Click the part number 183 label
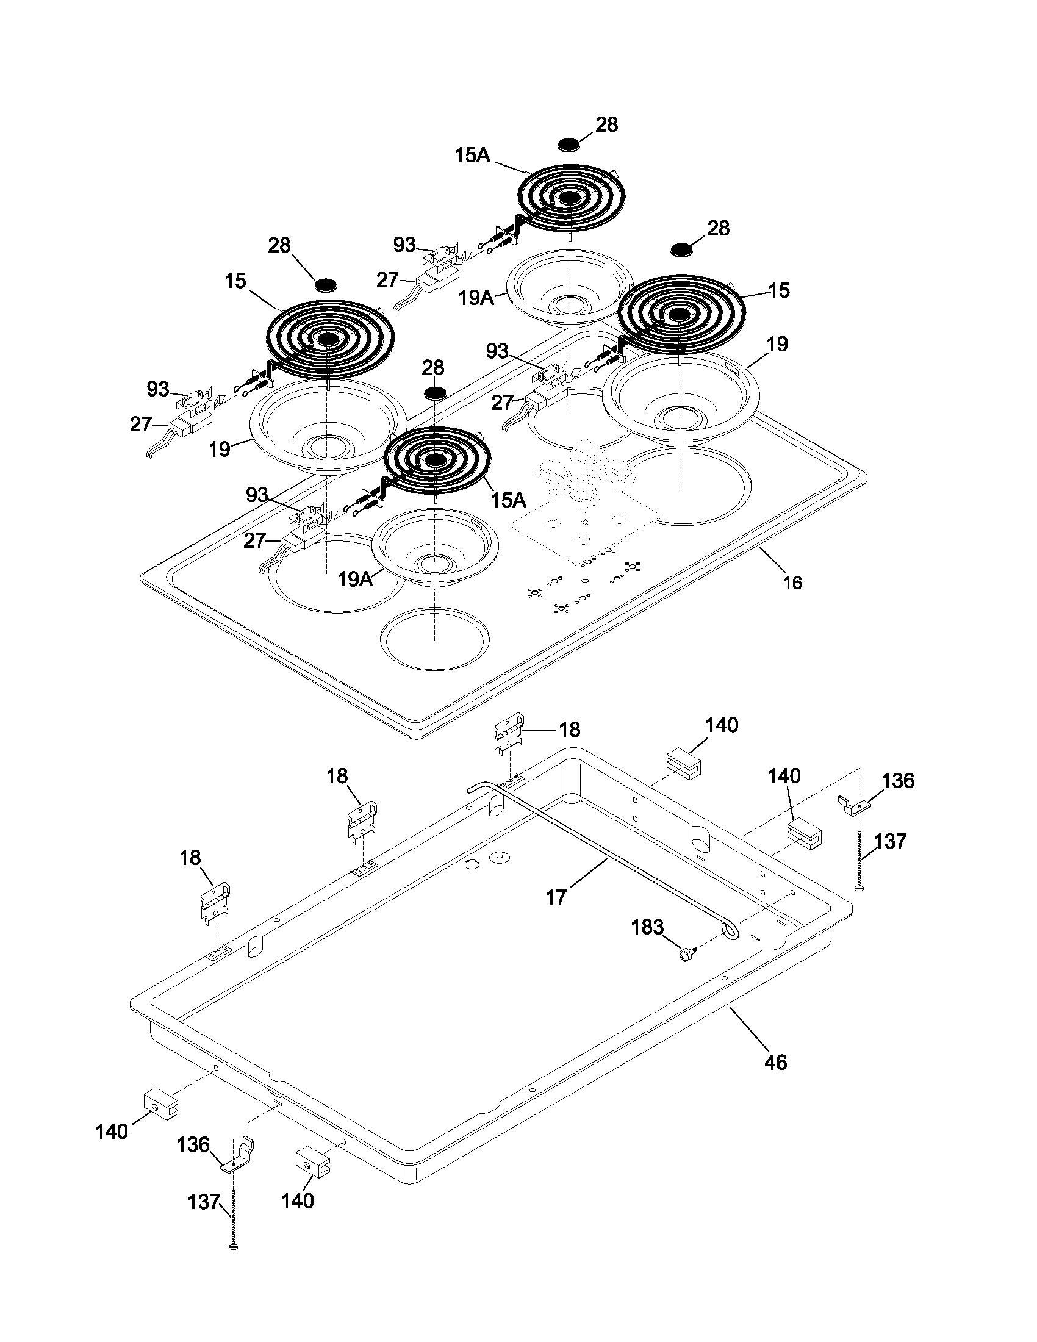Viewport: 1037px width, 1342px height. [647, 927]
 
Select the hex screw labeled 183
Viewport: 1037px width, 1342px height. [685, 953]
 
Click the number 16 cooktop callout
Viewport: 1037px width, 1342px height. [792, 582]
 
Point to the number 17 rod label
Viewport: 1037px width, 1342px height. [556, 897]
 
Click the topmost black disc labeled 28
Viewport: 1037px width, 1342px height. [570, 145]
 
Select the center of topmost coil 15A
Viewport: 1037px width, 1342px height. [570, 197]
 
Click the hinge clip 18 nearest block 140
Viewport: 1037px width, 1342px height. [509, 734]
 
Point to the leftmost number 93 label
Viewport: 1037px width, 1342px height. [158, 389]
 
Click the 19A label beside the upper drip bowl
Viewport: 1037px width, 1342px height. [477, 298]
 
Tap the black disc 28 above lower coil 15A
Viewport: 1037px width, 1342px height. [434, 392]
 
